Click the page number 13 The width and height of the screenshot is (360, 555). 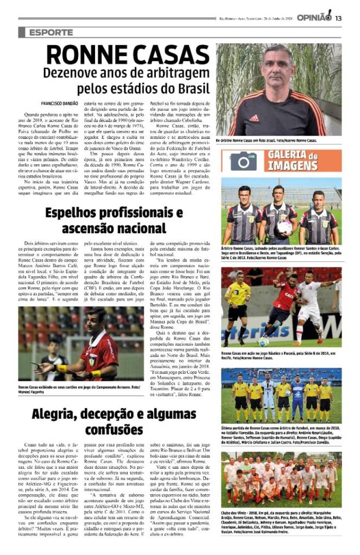click(x=338, y=18)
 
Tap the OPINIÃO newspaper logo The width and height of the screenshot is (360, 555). click(x=314, y=17)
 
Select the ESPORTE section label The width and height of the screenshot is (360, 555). click(x=52, y=33)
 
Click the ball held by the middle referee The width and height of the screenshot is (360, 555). click(x=284, y=226)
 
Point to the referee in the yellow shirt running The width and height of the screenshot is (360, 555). click(x=238, y=304)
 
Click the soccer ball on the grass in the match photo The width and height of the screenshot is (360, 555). click(x=263, y=341)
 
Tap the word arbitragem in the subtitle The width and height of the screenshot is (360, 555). click(x=172, y=72)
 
